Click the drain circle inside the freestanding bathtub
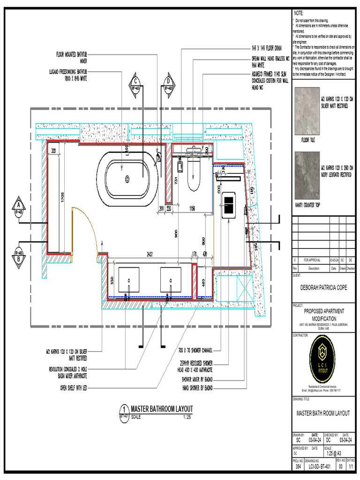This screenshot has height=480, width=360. click(x=127, y=178)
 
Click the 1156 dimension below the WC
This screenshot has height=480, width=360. click(x=192, y=208)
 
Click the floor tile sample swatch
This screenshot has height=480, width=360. click(x=306, y=112)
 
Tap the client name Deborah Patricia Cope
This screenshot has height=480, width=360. click(x=323, y=288)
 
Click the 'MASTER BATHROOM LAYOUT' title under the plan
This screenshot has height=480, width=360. click(x=161, y=409)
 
